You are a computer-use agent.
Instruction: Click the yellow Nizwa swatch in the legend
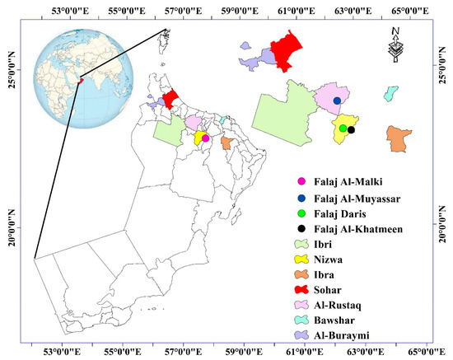[x=301, y=261]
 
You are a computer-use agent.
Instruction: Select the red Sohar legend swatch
[x=301, y=292]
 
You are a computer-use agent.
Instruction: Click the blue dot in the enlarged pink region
[x=337, y=101]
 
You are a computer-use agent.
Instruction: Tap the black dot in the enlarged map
[x=351, y=129]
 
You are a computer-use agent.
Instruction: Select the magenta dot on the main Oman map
[x=205, y=138]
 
